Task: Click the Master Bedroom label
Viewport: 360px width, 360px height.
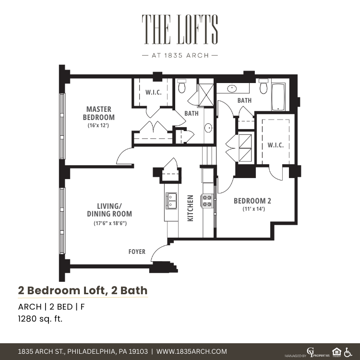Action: point(99,113)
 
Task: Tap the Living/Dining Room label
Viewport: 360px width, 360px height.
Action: point(109,210)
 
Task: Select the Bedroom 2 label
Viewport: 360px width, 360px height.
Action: point(252,201)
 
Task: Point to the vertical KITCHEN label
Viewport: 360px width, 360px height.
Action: point(191,208)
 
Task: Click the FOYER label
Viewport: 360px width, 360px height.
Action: point(137,252)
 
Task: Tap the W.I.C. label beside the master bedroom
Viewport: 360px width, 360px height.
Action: point(154,92)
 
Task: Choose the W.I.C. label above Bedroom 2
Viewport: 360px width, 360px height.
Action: point(276,145)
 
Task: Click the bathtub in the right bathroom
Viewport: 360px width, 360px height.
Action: point(278,97)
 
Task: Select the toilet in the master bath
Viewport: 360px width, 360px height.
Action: point(181,86)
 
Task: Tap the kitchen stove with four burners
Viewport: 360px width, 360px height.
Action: point(207,201)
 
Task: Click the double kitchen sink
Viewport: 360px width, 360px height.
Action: point(171,201)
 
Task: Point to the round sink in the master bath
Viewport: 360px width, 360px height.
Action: point(208,128)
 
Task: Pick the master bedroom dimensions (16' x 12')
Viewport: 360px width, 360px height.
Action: point(98,125)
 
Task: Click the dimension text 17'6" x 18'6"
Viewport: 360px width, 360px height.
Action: point(110,223)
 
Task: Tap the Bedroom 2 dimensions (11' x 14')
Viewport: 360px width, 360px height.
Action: point(254,209)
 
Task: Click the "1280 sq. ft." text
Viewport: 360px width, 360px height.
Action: point(40,319)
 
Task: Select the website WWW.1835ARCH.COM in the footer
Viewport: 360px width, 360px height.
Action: point(192,351)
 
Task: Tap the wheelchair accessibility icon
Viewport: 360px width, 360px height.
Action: point(348,352)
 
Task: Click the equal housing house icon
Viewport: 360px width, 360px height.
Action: point(336,352)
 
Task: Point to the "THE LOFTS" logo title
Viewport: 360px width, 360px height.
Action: point(180,29)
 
